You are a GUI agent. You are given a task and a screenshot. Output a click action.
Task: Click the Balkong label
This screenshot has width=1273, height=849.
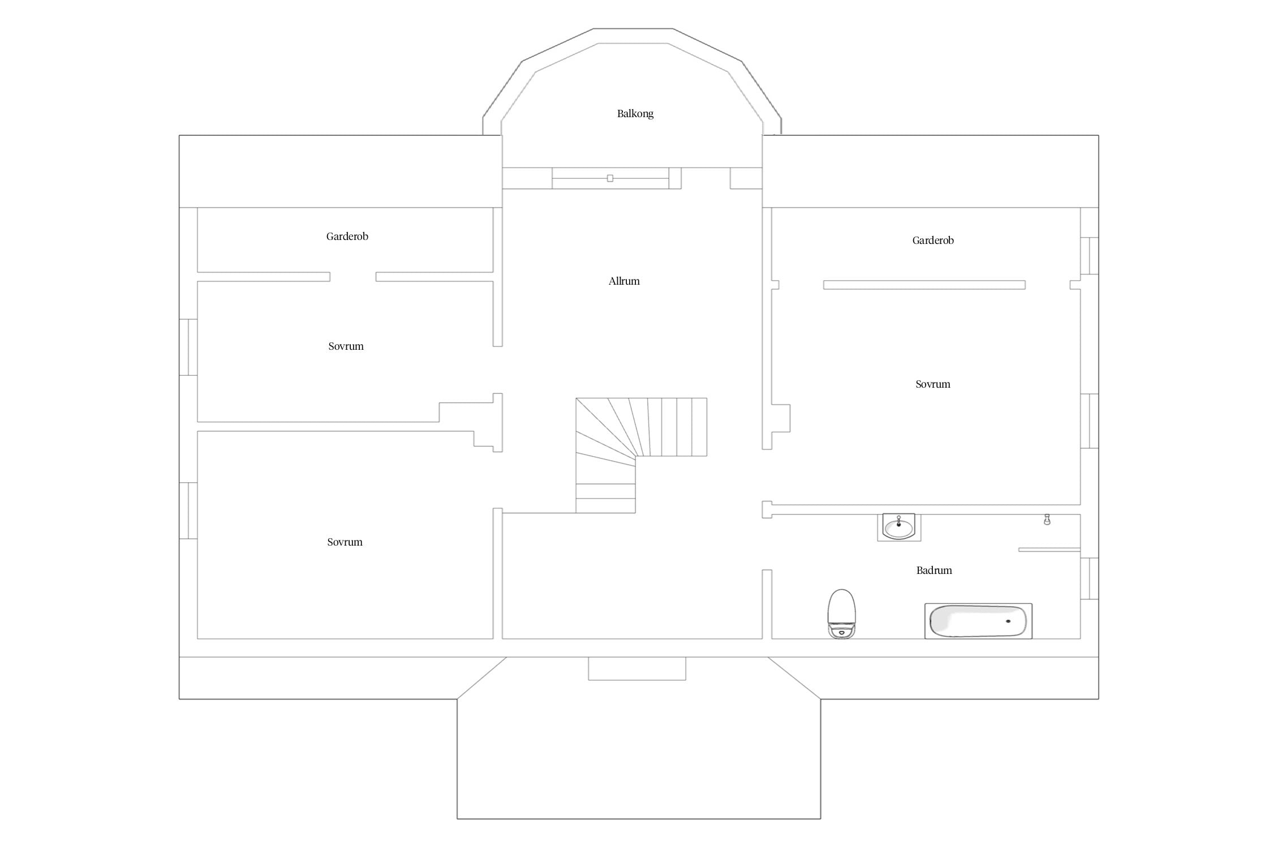point(635,114)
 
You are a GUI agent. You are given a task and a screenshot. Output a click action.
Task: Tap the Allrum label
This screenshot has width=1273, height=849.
point(624,281)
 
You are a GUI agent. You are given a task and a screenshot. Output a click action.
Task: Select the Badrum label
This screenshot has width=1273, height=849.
point(934,570)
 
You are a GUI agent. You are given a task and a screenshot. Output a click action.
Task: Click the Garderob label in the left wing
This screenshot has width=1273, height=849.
point(347,236)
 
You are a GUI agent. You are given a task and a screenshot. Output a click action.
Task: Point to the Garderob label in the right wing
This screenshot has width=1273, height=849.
point(933,240)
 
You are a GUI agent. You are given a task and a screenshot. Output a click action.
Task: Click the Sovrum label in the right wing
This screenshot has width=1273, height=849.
point(933,384)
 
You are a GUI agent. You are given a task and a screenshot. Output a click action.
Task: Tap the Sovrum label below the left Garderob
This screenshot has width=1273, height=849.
point(346,346)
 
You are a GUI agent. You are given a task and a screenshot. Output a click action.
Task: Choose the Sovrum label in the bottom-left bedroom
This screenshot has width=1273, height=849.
point(345,542)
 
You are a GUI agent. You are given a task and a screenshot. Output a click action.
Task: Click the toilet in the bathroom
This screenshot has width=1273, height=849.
point(841,614)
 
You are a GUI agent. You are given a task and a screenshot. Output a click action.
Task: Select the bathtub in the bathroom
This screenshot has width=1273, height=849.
point(978,621)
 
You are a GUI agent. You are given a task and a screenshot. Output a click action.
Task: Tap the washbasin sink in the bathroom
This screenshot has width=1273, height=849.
point(898,527)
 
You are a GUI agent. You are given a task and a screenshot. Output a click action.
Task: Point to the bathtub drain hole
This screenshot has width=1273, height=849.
point(1008,621)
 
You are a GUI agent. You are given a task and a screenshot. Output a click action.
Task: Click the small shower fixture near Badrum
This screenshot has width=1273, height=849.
point(1047,520)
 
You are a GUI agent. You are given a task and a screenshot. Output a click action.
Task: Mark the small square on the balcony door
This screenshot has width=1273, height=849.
point(610,178)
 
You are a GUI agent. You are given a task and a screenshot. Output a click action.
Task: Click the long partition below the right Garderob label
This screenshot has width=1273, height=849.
point(924,285)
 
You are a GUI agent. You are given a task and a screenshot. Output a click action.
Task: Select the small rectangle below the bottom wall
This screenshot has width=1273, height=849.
point(637,668)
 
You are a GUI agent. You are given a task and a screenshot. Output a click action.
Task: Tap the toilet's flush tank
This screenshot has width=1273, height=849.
point(841,631)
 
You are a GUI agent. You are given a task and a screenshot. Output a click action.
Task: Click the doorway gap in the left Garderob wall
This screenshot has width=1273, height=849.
point(353,277)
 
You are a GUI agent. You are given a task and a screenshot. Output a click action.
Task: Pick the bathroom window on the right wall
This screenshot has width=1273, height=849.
point(1090,578)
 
